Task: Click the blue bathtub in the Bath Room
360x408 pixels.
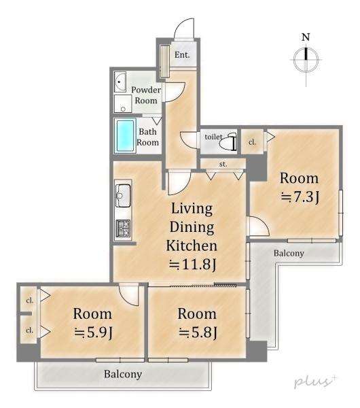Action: [125, 135]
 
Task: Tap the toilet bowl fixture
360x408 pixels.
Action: [230, 142]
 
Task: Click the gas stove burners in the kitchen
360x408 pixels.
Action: [123, 228]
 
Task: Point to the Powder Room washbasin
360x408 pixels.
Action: [120, 82]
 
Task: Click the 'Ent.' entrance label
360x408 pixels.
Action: [182, 55]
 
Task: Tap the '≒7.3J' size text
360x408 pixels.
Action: [300, 197]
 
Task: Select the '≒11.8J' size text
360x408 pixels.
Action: [192, 265]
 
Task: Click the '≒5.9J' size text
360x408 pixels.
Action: [94, 333]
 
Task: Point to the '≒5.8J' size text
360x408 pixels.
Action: [198, 333]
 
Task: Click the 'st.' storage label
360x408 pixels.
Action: [223, 164]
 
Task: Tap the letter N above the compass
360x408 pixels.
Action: [306, 37]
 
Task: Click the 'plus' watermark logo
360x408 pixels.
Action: [315, 381]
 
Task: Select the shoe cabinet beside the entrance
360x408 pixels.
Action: [165, 61]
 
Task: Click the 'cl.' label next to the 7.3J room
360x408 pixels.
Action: [252, 142]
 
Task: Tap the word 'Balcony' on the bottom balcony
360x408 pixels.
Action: [123, 374]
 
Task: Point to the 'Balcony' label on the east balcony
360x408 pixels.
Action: [289, 253]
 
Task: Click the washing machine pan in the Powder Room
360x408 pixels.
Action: [123, 104]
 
